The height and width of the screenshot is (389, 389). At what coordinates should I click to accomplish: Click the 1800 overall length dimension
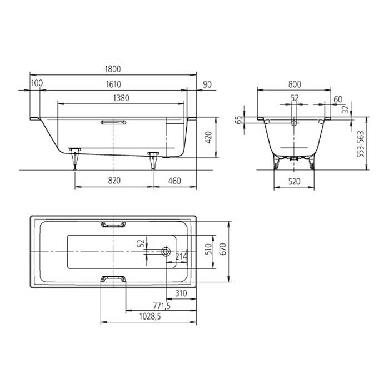tap(113, 69)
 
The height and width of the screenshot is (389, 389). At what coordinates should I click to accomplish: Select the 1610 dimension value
tap(113, 84)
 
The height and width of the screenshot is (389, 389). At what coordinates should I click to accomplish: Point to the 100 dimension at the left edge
tap(37, 84)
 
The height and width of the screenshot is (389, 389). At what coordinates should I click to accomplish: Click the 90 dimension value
tap(207, 84)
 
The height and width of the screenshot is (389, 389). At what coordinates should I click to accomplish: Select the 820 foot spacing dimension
tap(114, 181)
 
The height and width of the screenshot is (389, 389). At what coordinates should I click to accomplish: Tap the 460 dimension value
tap(175, 181)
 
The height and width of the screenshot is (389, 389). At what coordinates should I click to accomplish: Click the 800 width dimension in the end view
tap(295, 84)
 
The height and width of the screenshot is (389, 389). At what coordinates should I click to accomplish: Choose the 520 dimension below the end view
tap(295, 181)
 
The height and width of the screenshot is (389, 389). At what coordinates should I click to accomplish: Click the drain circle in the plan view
tap(166, 251)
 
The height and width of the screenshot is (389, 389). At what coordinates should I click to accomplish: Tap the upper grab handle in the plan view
tap(113, 225)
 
